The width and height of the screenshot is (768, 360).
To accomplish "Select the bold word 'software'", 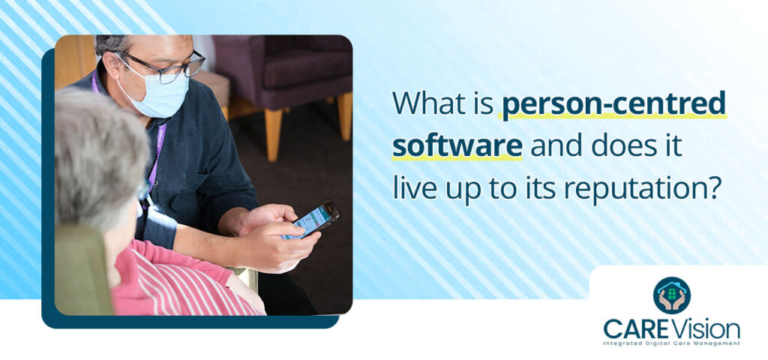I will click(457, 145).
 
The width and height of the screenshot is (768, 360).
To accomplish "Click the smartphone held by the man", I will click(314, 219).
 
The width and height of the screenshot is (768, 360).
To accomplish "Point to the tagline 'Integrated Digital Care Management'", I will click(671, 343).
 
